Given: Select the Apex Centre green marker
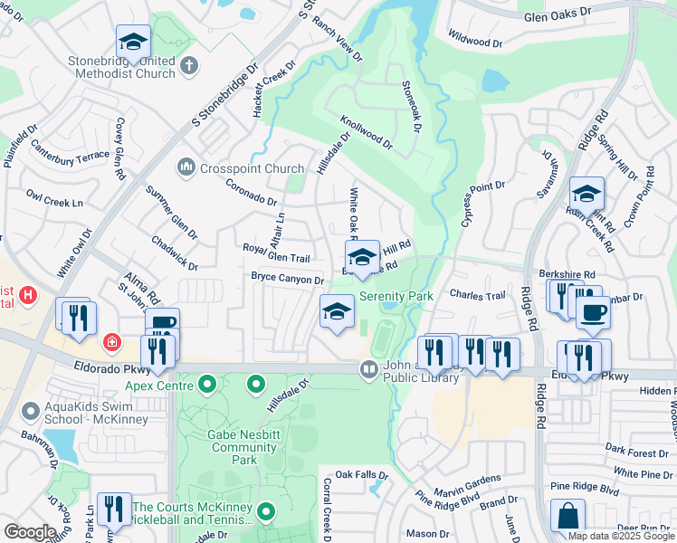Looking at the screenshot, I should [207, 386].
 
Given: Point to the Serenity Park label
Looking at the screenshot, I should [396, 296].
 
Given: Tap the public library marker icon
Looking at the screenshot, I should [368, 368].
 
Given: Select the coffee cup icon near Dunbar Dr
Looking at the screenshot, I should [594, 312].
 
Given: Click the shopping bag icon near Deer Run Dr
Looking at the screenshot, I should [567, 516].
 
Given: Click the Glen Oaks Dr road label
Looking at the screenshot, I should [557, 15].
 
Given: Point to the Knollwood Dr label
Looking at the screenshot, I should [367, 131].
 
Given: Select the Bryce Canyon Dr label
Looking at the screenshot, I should [287, 278].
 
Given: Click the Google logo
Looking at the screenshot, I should [30, 531].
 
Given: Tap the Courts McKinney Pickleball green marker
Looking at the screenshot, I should [265, 513].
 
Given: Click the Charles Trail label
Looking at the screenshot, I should [476, 294].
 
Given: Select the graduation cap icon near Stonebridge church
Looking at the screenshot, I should [133, 41].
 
